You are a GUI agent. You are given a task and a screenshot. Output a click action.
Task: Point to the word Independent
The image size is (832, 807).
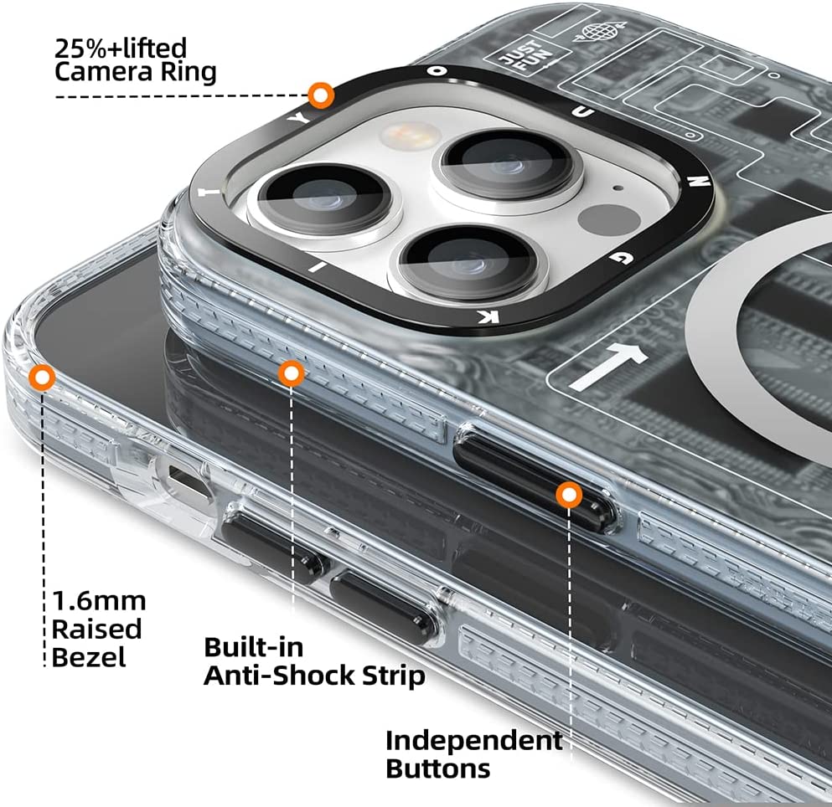coord(473,740)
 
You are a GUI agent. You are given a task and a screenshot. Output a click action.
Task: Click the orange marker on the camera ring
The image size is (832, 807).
coord(318,96)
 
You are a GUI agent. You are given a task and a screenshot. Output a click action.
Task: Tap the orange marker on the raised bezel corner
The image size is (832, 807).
coord(41,378)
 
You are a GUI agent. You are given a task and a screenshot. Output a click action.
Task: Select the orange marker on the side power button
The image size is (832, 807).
coord(570,496)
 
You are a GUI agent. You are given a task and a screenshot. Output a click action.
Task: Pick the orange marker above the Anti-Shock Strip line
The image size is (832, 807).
coord(291,374)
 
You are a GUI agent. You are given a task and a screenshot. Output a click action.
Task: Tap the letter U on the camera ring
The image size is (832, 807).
coord(592,112)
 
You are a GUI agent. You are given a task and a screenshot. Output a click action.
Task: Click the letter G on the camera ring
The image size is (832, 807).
coord(618,260)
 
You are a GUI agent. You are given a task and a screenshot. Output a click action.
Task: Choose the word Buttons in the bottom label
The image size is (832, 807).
coord(437,768)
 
